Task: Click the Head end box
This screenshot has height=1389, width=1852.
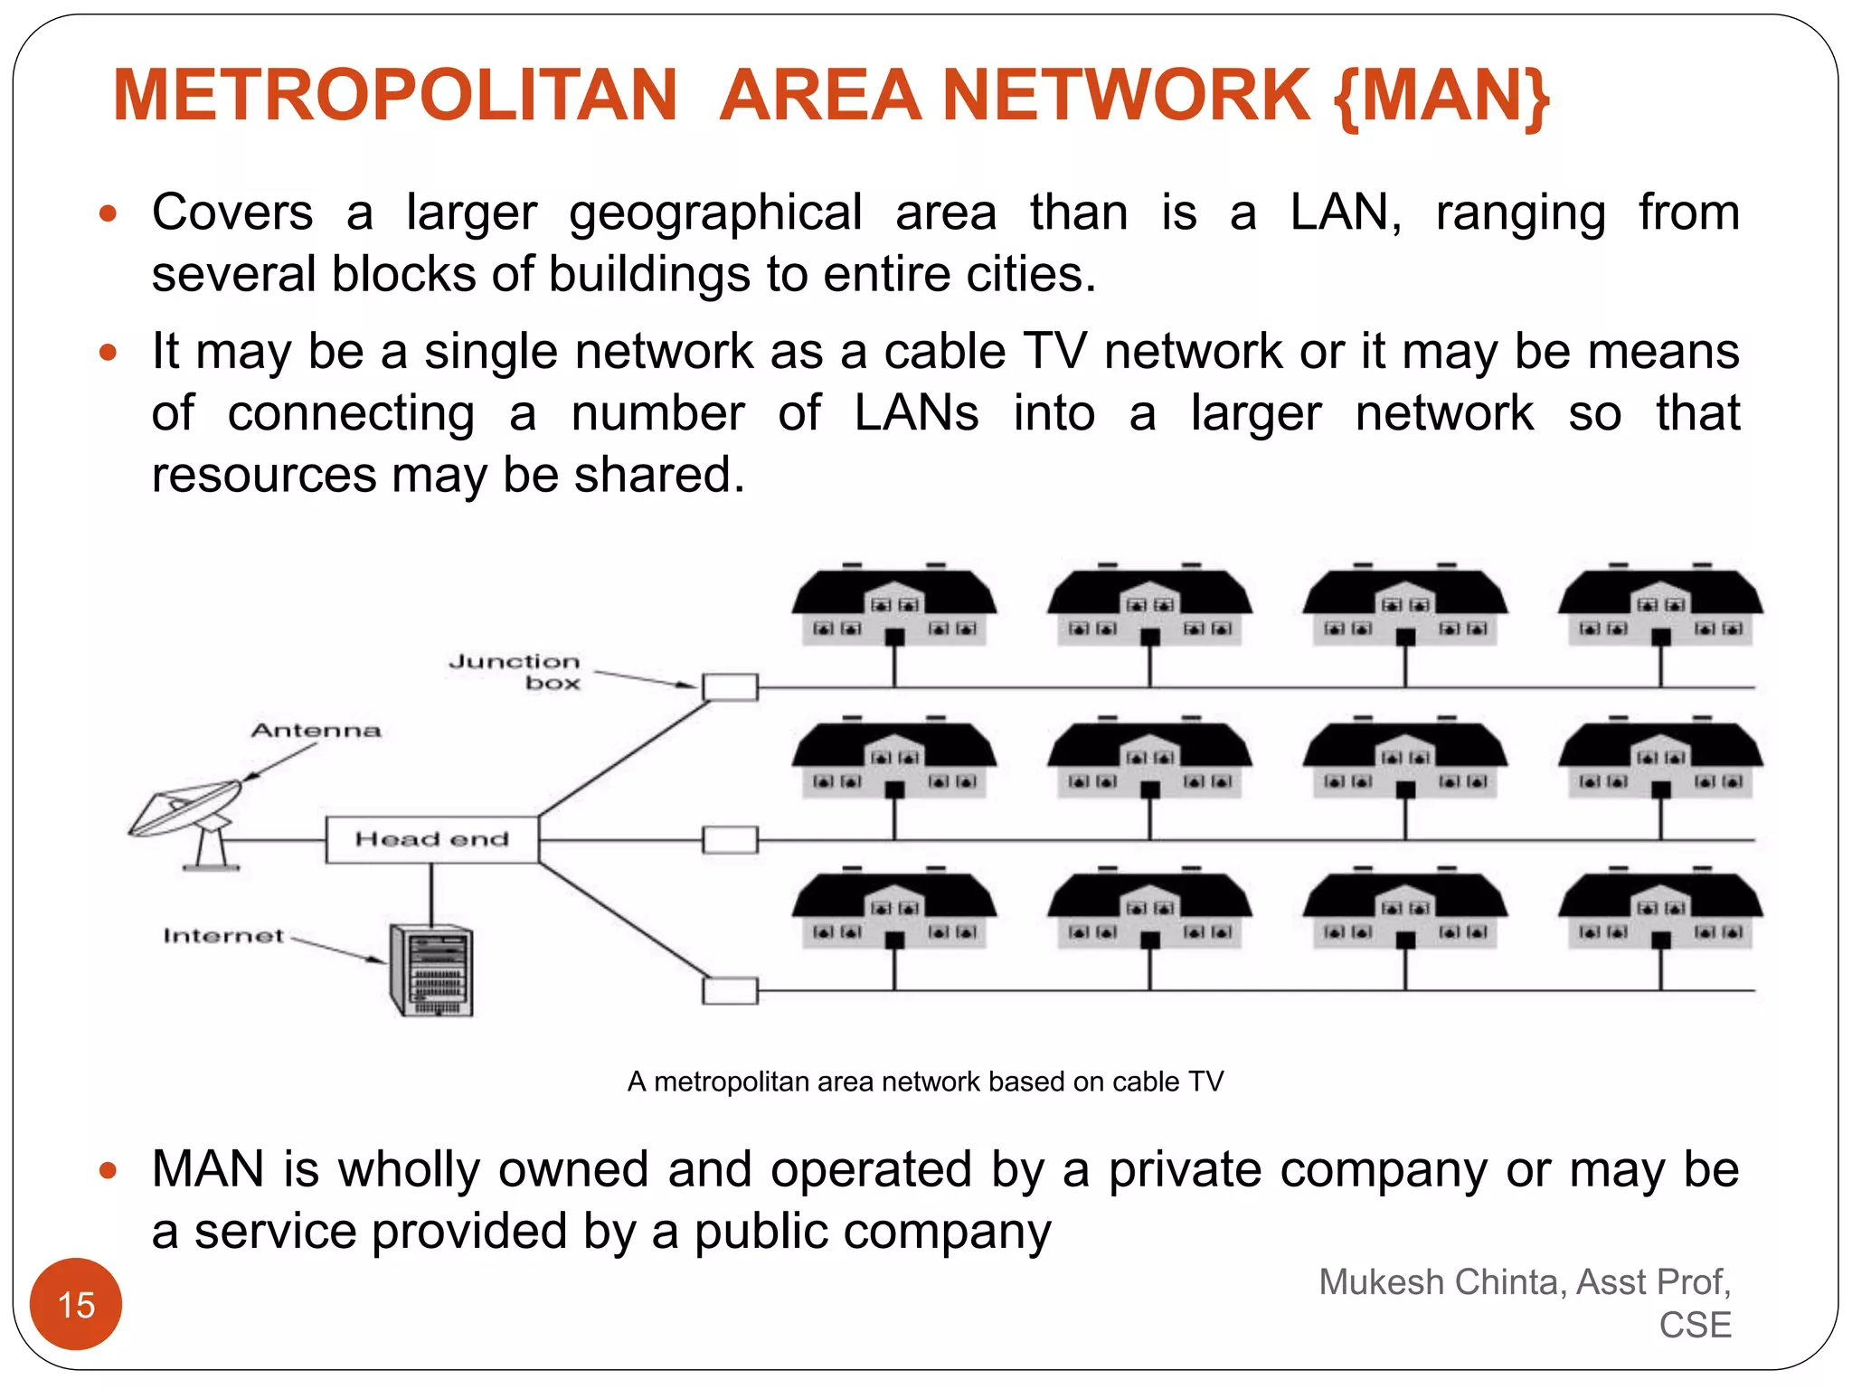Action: [x=431, y=839]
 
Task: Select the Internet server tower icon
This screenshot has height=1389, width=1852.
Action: [x=431, y=970]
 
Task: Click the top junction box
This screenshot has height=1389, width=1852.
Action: [x=730, y=687]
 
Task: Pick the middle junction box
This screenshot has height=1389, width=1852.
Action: [x=730, y=840]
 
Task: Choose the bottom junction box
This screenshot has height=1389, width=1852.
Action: [x=730, y=991]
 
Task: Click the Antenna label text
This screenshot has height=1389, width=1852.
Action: [x=316, y=730]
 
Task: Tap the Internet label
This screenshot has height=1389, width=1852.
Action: [x=223, y=935]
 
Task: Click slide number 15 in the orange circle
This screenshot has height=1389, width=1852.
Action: [x=76, y=1304]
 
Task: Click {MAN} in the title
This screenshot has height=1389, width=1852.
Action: [x=1441, y=97]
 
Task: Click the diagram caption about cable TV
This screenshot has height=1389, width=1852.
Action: [x=925, y=1082]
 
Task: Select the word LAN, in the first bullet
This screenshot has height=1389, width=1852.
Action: [x=1346, y=213]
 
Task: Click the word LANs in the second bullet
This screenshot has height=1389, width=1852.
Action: [x=916, y=413]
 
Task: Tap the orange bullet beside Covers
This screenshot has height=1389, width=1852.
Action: [x=109, y=214]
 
